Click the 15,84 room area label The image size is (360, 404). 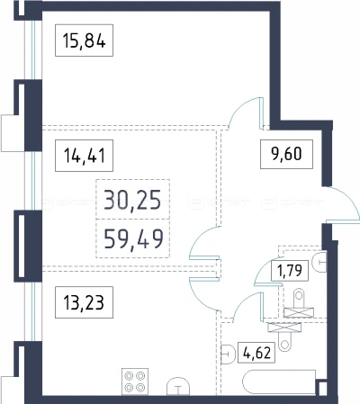click(x=84, y=40)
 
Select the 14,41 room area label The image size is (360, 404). click(x=84, y=156)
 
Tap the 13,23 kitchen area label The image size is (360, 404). click(x=84, y=302)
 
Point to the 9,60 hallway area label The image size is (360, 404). click(x=286, y=154)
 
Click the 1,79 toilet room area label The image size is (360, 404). click(x=290, y=271)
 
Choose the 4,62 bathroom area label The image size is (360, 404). click(x=256, y=353)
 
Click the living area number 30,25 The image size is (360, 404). click(x=132, y=200)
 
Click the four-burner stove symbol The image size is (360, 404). click(x=135, y=382)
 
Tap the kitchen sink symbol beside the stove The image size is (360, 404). click(x=178, y=386)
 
